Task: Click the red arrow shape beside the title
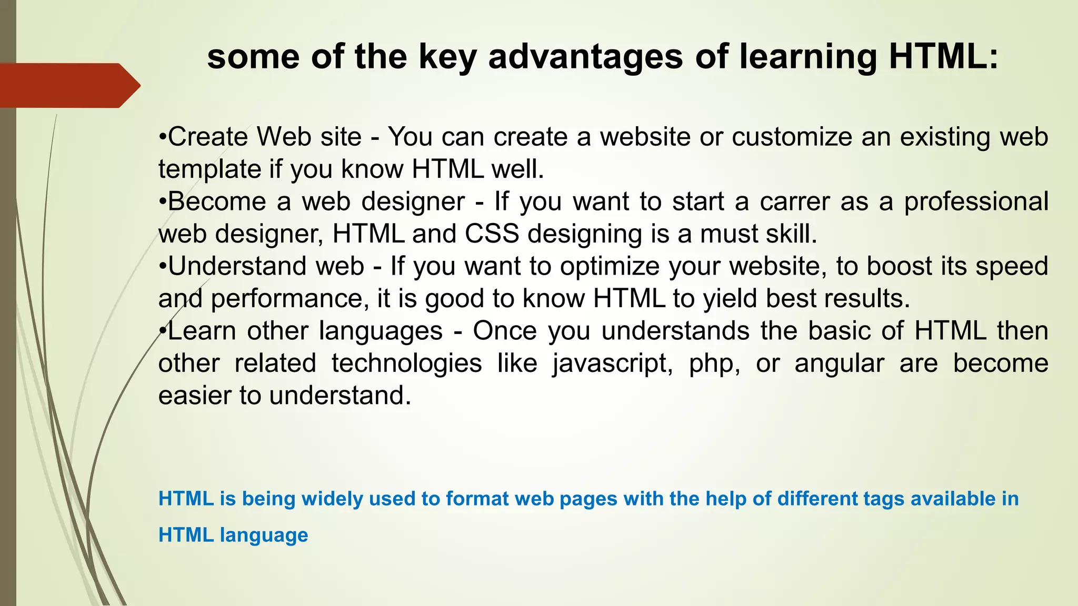(68, 85)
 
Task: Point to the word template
(209, 169)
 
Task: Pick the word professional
(976, 202)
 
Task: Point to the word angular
(839, 363)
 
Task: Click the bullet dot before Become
(163, 202)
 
